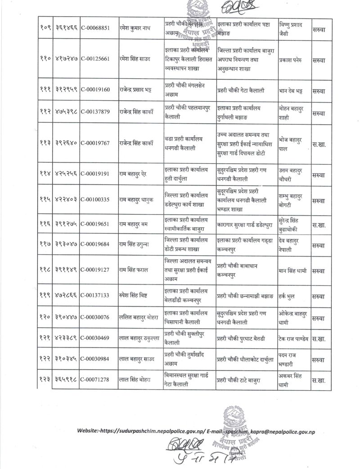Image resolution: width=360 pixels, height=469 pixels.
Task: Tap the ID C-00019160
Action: click(x=98, y=91)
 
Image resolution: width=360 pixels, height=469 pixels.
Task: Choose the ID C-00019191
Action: click(x=98, y=173)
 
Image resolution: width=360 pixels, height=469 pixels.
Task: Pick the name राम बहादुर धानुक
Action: click(x=140, y=198)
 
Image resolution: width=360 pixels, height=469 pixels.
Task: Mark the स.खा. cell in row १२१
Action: click(x=319, y=339)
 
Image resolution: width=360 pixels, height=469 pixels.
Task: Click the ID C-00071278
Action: click(x=98, y=381)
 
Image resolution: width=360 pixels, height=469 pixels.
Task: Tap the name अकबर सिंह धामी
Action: click(x=295, y=381)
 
